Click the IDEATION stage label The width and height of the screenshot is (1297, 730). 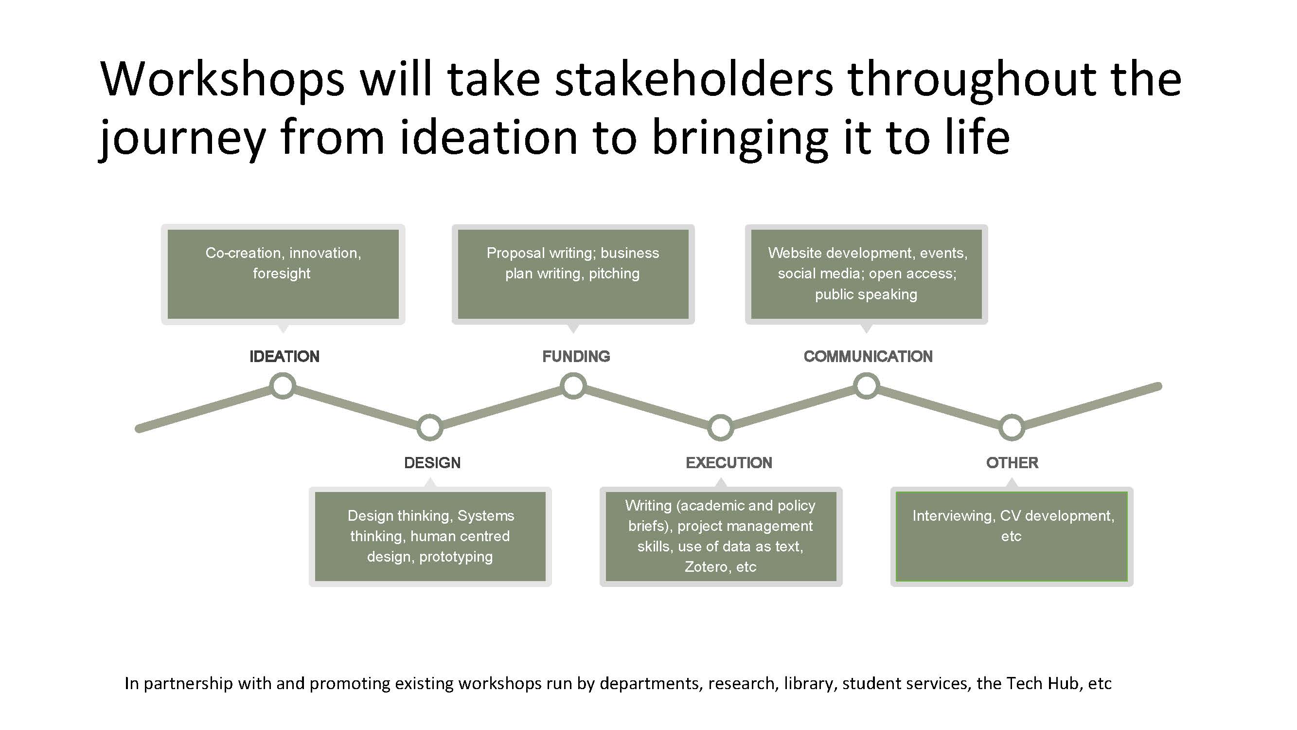pos(284,357)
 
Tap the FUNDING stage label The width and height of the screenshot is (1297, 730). pos(576,357)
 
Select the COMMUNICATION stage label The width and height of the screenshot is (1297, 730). pos(868,357)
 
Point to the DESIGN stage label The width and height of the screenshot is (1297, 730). pos(432,463)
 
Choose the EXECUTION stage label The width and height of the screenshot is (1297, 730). pos(728,463)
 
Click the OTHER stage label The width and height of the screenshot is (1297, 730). pos(1012,463)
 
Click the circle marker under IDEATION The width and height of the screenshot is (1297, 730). pos(283,386)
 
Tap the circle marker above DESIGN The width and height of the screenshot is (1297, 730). pos(429,428)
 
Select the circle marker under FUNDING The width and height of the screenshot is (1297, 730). pos(573,386)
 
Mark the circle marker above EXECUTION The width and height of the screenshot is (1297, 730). pos(721,428)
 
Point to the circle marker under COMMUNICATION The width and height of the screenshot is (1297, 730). pos(867,386)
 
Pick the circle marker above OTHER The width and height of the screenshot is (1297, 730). pos(1012,428)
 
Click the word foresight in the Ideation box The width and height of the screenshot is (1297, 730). pos(282,274)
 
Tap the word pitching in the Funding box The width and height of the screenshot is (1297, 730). pos(614,274)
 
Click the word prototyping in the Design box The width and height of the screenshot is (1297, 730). pos(456,557)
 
